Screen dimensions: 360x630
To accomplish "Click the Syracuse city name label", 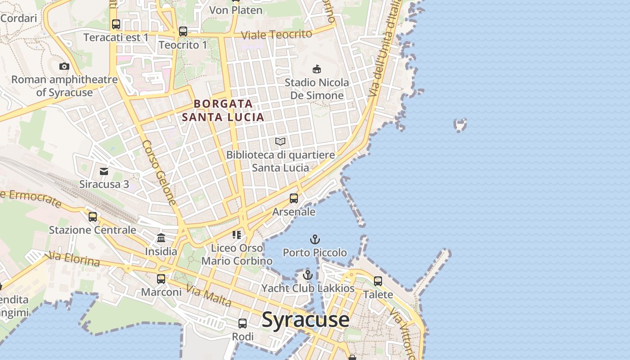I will (305, 320).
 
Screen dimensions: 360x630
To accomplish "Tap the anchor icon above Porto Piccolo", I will (315, 239).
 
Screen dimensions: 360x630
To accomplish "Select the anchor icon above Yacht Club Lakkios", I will (308, 275).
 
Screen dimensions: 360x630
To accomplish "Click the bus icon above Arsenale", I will (294, 198).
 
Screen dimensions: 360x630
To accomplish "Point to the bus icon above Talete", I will (378, 281).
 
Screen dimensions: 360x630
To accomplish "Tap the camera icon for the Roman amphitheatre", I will (64, 67).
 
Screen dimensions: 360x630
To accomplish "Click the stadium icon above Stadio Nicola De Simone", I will (317, 69).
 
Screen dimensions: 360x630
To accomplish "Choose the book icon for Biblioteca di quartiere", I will (280, 142).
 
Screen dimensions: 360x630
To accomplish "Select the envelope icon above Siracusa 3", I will (104, 171).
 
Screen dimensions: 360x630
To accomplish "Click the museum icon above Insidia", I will (161, 238).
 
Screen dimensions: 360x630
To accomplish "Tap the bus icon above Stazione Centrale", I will (93, 216).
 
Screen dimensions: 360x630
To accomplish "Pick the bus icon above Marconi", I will (161, 279).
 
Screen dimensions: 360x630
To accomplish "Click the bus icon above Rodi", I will (243, 323).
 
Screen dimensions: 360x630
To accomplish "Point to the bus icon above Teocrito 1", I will (183, 31).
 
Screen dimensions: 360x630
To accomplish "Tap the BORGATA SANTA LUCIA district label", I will (223, 111).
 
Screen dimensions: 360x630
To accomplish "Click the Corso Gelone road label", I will (159, 173).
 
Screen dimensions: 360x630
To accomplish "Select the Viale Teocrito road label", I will (276, 35).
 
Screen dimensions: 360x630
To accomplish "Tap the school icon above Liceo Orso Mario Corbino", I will (237, 234).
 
